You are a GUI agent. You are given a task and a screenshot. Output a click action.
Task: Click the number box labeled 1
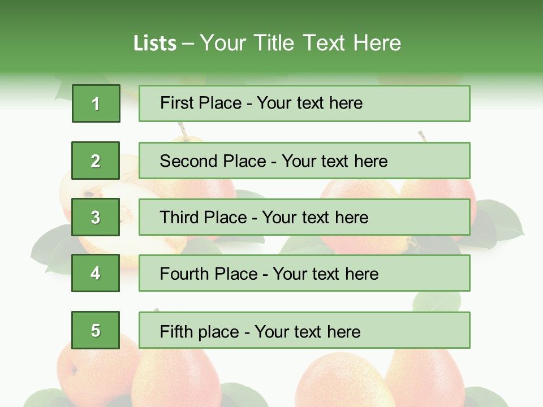coord(96,103)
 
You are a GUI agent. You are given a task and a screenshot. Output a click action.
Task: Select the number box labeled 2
coord(96,161)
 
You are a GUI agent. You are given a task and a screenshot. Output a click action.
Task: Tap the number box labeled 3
coord(96,217)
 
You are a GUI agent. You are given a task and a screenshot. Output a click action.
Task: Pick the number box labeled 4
coord(96,274)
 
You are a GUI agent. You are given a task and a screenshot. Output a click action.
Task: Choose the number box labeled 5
coord(96,330)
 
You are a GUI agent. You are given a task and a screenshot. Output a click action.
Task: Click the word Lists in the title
coord(155,43)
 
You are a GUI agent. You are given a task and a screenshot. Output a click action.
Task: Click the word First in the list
coord(177,103)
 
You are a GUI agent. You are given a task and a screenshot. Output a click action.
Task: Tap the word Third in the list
coord(180,218)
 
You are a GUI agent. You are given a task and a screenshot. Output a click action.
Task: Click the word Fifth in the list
coord(177,331)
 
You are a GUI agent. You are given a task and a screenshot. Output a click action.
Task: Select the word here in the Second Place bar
coord(370,161)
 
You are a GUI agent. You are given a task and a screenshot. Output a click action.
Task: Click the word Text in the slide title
coord(325,43)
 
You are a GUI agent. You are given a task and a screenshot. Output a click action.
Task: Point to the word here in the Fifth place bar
coord(343,331)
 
